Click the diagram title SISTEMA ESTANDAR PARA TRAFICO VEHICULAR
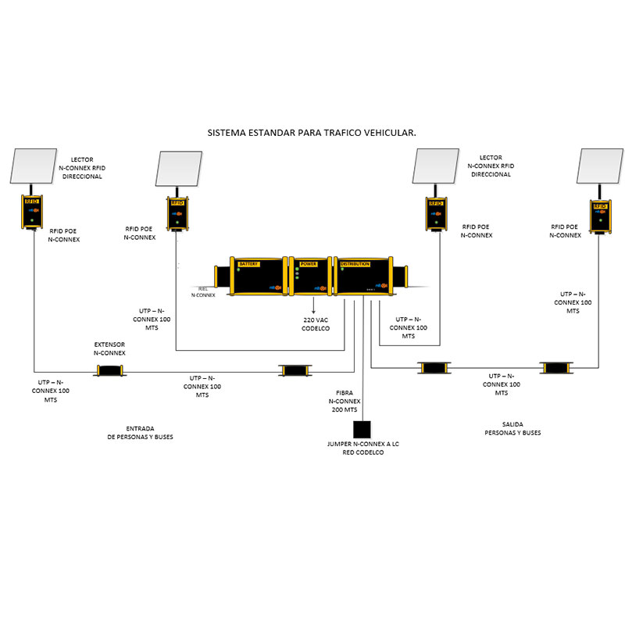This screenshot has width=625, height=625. (312, 133)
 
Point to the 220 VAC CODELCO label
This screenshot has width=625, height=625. (316, 324)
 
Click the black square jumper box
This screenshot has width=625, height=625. (362, 430)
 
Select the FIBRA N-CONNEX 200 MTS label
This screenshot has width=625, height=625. (344, 401)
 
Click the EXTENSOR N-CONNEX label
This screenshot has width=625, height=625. (109, 348)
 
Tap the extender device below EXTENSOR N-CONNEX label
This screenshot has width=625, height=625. (109, 370)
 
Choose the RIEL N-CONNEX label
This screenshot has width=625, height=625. (203, 291)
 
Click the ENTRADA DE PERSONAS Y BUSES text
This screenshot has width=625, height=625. (140, 433)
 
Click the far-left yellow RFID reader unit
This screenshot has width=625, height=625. (32, 212)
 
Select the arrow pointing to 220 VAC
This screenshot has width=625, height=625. (314, 307)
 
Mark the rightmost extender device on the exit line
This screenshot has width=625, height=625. (556, 367)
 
